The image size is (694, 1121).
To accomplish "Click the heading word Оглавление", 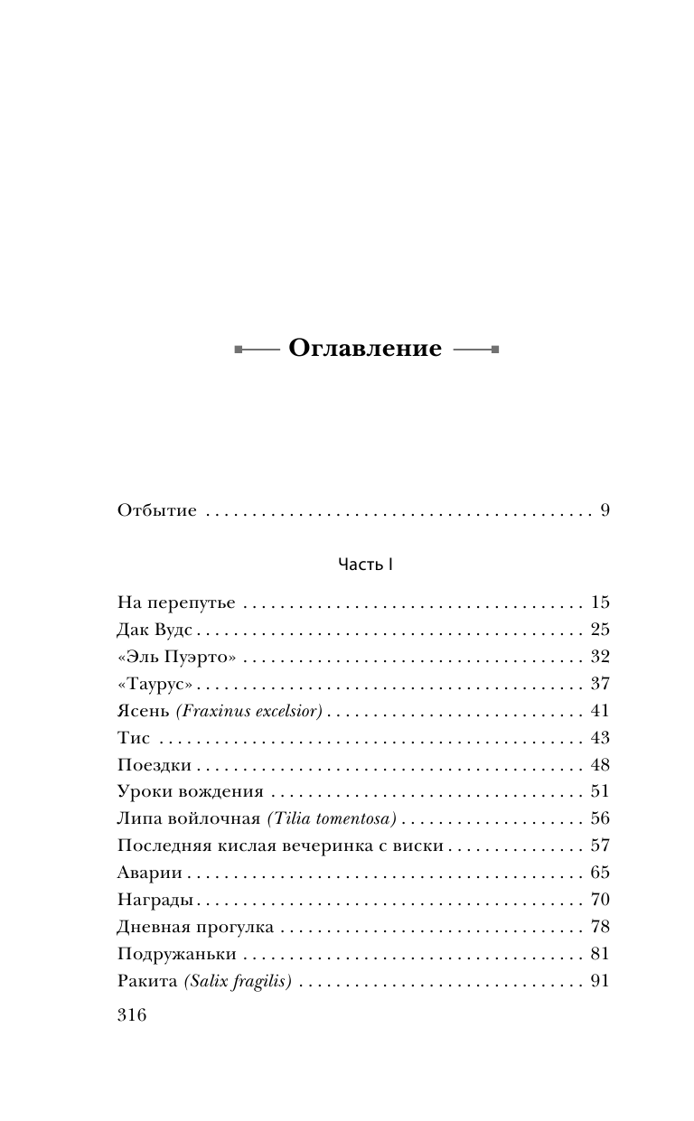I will click(365, 349).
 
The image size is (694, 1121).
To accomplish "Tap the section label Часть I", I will click(365, 564).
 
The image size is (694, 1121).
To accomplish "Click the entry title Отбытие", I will click(157, 511).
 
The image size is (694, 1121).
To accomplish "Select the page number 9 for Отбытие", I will click(605, 511).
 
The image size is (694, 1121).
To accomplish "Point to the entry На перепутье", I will click(176, 603).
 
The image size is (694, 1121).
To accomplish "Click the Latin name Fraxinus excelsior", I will click(250, 711).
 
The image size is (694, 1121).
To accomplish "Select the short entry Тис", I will click(134, 738).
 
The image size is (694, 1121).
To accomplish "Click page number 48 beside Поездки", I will click(600, 765).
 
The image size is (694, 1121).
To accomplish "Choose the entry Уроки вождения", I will click(190, 792).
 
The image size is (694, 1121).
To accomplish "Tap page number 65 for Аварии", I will click(600, 873).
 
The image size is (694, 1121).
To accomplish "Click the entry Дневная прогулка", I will click(195, 927).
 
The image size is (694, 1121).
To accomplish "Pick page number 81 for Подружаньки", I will click(600, 954).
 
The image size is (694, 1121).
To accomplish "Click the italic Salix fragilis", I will click(237, 981).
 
